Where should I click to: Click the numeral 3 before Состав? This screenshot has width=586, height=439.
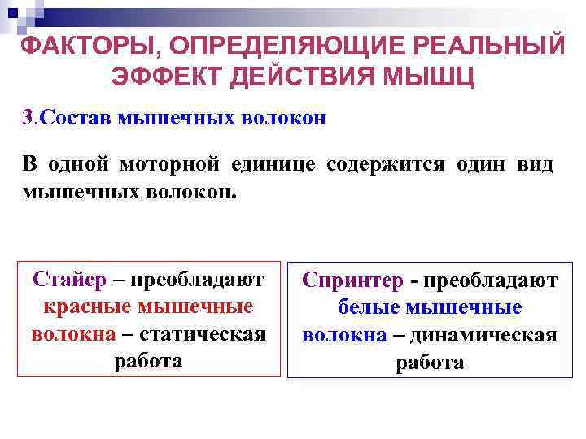point(27,118)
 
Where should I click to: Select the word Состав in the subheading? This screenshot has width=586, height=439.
point(75,118)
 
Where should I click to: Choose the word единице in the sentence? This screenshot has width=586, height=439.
point(273,164)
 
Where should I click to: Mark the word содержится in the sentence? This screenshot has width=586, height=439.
point(386,164)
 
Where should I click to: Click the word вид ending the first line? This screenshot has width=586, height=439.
point(535,164)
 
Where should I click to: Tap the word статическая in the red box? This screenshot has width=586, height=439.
point(203,334)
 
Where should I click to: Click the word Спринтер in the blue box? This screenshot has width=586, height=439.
point(353,280)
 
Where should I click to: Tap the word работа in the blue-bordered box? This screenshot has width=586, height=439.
point(430,363)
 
